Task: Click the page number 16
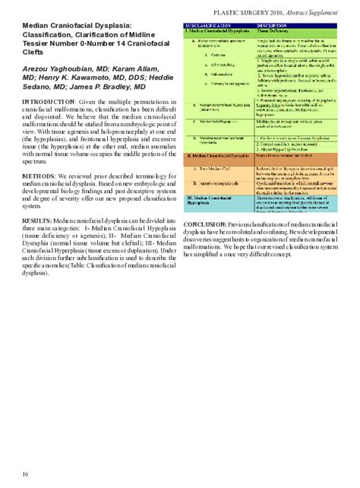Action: click(x=26, y=474)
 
